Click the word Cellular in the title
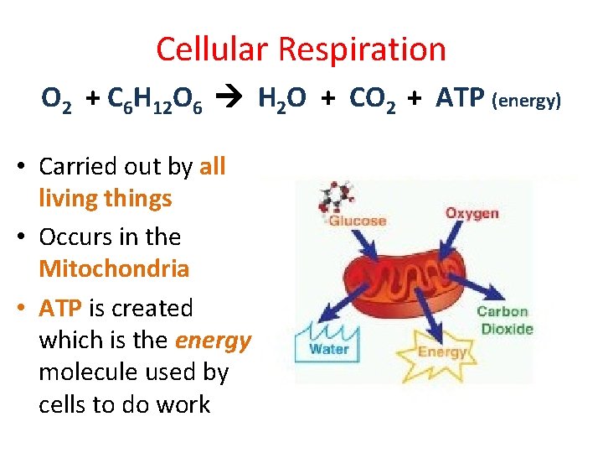213,49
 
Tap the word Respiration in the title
362,49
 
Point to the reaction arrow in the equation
229,99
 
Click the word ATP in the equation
460,99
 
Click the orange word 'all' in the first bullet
213,166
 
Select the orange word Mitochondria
114,269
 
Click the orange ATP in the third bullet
59,308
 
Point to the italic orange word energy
213,341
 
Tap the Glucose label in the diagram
357,221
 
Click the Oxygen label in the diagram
472,213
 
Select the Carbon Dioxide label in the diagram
504,320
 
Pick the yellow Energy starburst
441,350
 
